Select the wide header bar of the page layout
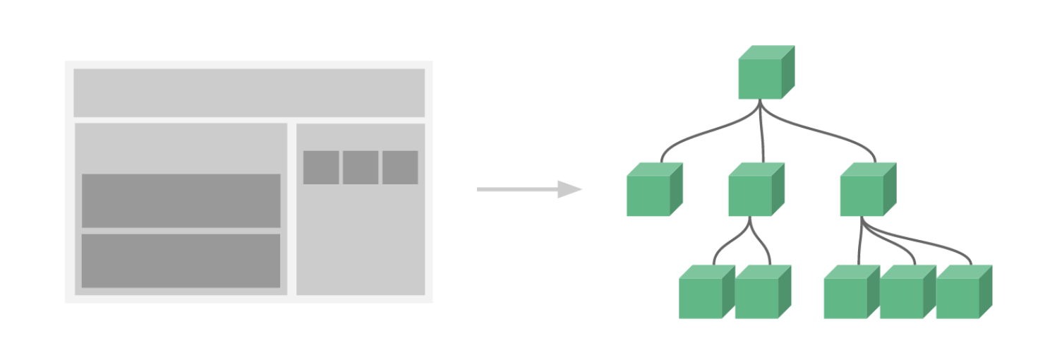pyautogui.click(x=249, y=92)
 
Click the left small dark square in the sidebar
pyautogui.click(x=322, y=167)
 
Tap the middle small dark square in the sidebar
pyautogui.click(x=361, y=167)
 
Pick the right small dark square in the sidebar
pyautogui.click(x=400, y=167)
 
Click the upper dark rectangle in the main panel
pyautogui.click(x=181, y=200)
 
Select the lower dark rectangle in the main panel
pyautogui.click(x=181, y=260)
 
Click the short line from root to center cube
pyautogui.click(x=762, y=134)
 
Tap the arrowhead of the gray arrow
pyautogui.click(x=569, y=189)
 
